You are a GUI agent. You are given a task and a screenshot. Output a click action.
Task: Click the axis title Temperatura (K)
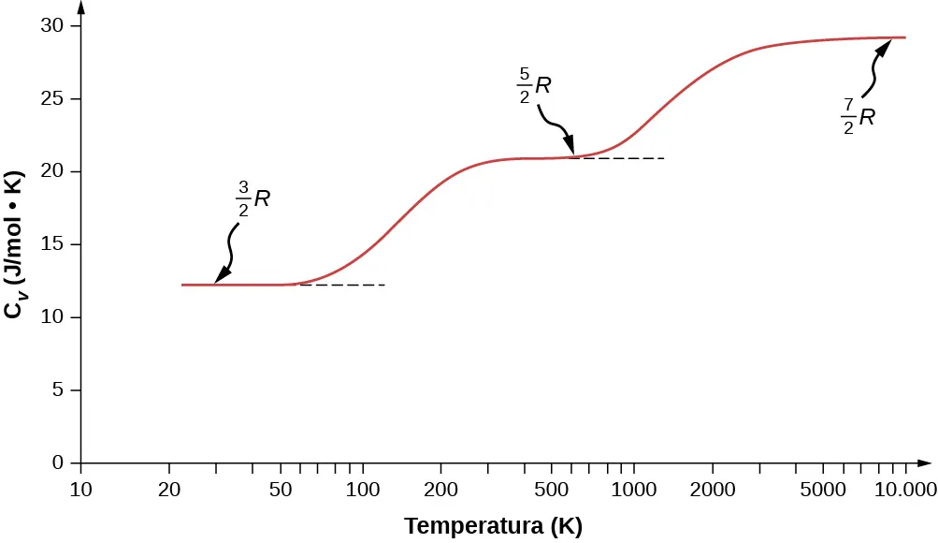pyautogui.click(x=493, y=527)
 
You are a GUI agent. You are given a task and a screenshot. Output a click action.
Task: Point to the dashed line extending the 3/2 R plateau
pyautogui.click(x=346, y=285)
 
